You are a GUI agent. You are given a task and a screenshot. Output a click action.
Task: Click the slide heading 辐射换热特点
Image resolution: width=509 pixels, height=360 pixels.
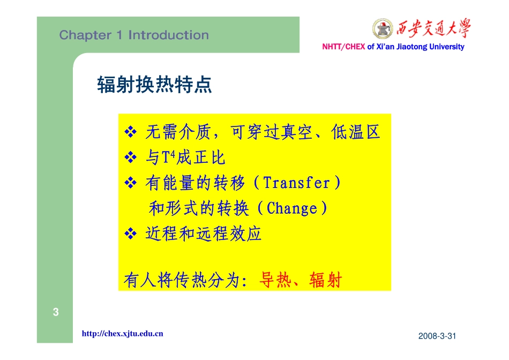[x=154, y=85]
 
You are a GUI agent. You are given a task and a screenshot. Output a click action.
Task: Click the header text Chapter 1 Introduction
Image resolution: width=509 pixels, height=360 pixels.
[x=134, y=35]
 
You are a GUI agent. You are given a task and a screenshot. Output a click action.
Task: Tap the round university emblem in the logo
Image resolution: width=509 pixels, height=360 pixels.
[x=383, y=28]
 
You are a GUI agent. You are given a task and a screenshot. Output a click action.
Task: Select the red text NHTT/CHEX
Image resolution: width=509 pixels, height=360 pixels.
[x=343, y=47]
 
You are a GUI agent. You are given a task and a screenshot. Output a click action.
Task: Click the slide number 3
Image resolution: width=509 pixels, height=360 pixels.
[x=55, y=312]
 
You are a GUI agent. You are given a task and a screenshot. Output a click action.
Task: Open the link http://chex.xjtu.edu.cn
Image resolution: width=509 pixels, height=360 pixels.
[x=122, y=334]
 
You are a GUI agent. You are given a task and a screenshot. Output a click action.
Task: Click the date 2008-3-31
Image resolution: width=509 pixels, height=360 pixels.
[x=437, y=336]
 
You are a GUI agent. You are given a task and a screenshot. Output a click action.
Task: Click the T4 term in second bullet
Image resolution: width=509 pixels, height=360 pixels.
[x=168, y=157]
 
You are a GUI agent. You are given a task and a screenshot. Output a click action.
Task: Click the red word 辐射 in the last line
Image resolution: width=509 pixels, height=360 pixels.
[x=325, y=280]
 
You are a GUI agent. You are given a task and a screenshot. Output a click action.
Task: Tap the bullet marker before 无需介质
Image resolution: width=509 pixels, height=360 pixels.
[x=131, y=132]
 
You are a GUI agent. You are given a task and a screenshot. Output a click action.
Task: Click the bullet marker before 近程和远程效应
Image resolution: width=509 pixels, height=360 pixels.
[x=131, y=234]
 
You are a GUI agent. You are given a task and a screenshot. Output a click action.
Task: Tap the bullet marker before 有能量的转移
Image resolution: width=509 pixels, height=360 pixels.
[x=131, y=183]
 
